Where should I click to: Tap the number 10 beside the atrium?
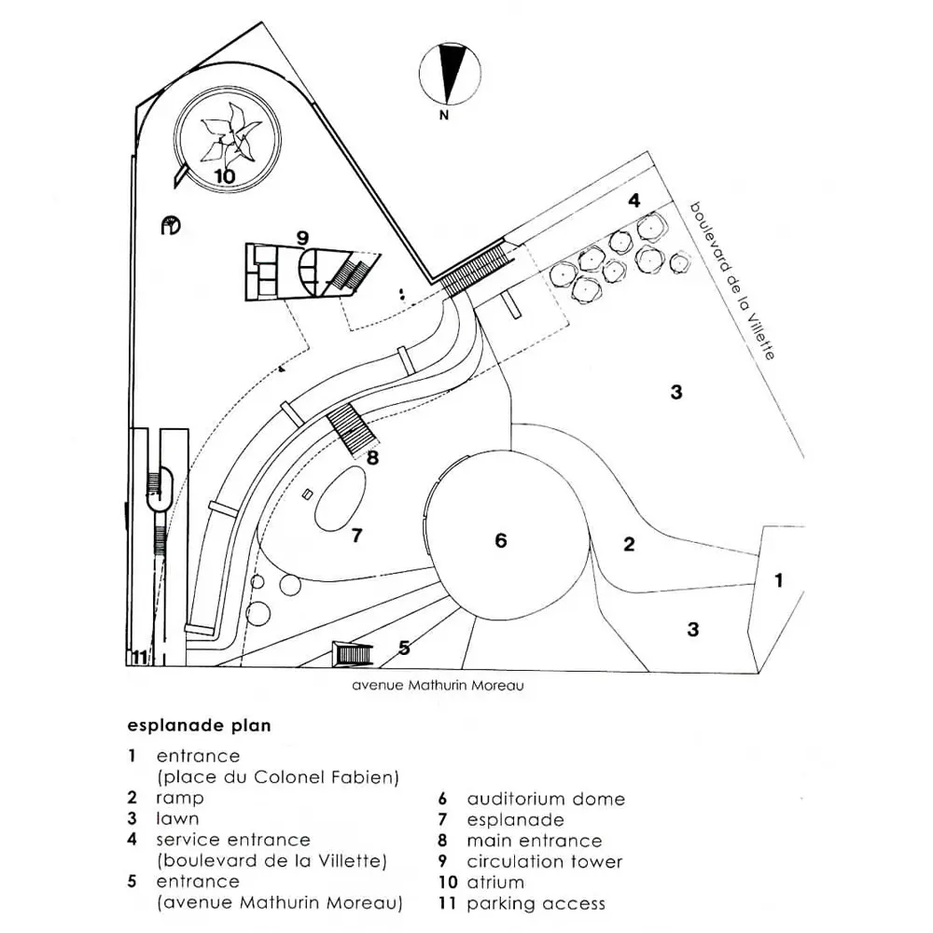(x=224, y=175)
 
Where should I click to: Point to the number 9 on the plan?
(x=302, y=238)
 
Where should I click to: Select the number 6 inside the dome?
(x=501, y=540)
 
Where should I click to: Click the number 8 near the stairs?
(x=373, y=457)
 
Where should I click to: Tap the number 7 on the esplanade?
(x=355, y=536)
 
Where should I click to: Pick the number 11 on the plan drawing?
(x=139, y=658)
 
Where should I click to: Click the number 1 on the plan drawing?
(x=778, y=579)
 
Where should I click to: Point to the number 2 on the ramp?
(x=629, y=544)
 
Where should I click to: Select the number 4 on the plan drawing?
(x=634, y=200)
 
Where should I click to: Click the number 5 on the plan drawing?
(x=404, y=647)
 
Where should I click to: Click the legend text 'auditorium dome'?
(x=546, y=799)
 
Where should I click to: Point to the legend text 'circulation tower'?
(x=544, y=861)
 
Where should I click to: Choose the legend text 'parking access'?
(x=536, y=903)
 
